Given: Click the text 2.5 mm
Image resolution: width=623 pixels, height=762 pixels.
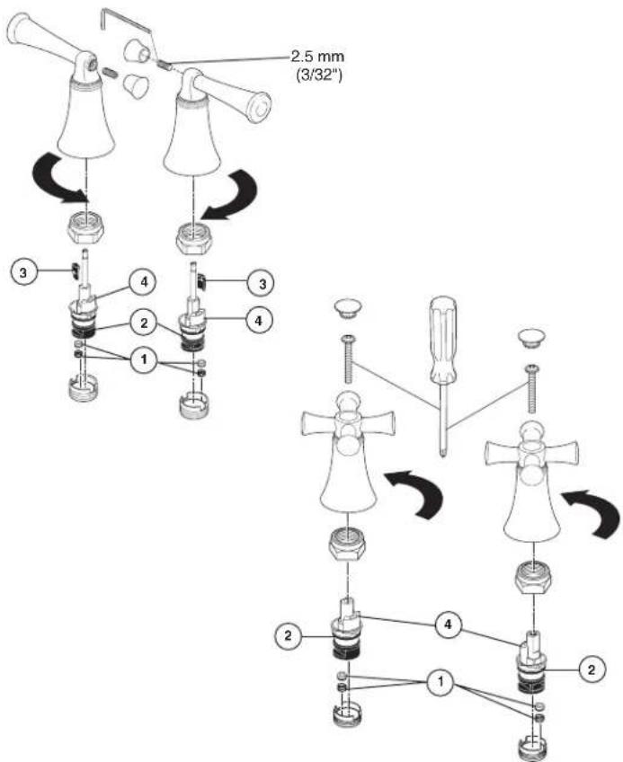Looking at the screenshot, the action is (317, 57).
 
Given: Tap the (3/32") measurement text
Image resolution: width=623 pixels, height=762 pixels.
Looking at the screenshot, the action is (318, 75).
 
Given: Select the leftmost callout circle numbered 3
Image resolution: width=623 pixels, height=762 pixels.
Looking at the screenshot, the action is (23, 272).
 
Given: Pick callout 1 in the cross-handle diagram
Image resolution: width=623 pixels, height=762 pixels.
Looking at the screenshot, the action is (441, 682).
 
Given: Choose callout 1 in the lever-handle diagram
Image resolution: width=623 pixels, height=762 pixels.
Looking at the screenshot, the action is (144, 359).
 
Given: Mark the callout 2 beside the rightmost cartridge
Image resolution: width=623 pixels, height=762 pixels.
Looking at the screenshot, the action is (592, 669).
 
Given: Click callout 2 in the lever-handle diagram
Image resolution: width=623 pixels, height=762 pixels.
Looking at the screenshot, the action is (144, 323).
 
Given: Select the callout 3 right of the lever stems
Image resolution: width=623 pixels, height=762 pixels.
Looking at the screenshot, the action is (263, 283).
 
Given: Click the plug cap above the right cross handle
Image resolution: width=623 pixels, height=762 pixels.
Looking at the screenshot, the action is (530, 337).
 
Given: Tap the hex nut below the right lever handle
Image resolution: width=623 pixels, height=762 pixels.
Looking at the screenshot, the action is (194, 238).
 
